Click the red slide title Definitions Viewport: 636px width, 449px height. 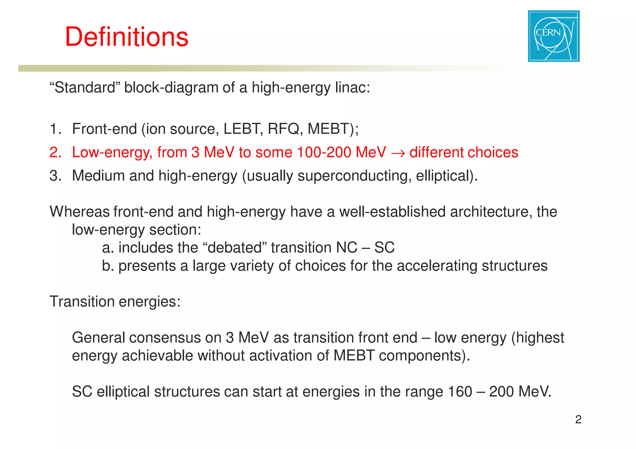tap(127, 37)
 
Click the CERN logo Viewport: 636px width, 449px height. tap(554, 36)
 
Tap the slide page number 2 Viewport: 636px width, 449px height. tap(578, 420)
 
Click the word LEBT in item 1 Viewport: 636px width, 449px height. tap(241, 129)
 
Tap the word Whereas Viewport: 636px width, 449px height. tap(79, 212)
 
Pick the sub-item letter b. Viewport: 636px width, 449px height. tap(107, 266)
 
